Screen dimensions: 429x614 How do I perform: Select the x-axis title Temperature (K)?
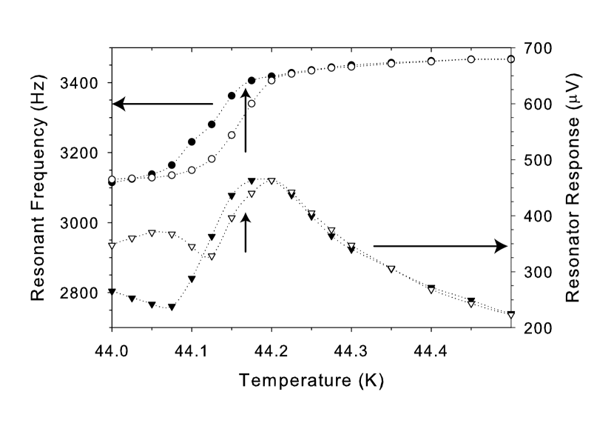coord(311,382)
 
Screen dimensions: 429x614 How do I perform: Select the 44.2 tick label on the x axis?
coord(271,346)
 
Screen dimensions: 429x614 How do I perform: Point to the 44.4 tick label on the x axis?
coord(431,346)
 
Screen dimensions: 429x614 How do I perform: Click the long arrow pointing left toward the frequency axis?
coord(163,104)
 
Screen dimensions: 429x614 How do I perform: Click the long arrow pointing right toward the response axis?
coord(440,245)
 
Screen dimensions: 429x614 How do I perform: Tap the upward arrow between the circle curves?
coord(246,119)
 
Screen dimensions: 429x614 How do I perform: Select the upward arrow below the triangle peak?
coord(246,231)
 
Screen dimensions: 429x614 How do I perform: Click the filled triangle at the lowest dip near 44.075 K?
coord(172,307)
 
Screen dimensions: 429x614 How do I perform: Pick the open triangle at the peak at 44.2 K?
coord(271,181)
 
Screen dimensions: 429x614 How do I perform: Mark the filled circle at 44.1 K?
coord(192,142)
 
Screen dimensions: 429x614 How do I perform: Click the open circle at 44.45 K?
coord(471,59)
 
